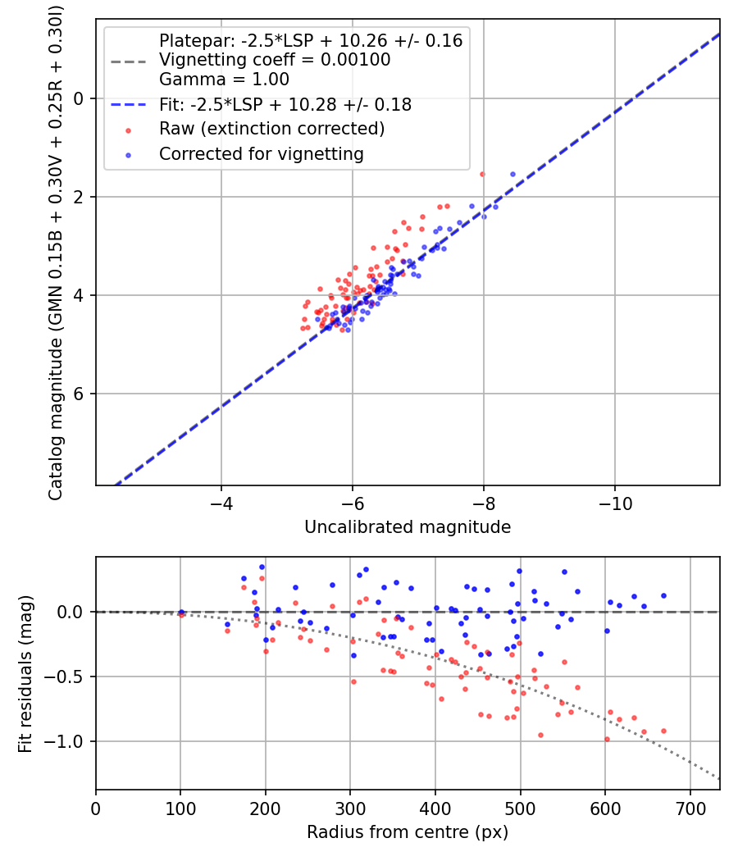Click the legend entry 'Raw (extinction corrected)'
tap(271, 130)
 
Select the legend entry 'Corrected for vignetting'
tap(260, 153)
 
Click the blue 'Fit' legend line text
tap(285, 105)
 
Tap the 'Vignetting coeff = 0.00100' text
tap(274, 60)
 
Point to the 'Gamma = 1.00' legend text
tap(224, 80)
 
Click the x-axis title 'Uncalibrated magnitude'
tap(408, 527)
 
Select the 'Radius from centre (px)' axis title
tap(408, 832)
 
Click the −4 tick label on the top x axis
tap(221, 503)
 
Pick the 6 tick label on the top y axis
tap(80, 394)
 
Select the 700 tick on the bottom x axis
tap(690, 808)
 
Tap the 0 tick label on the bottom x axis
tap(96, 808)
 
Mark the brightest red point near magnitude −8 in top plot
tap(482, 174)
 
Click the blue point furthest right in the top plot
tap(512, 174)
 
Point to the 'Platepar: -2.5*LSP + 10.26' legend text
tap(311, 40)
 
